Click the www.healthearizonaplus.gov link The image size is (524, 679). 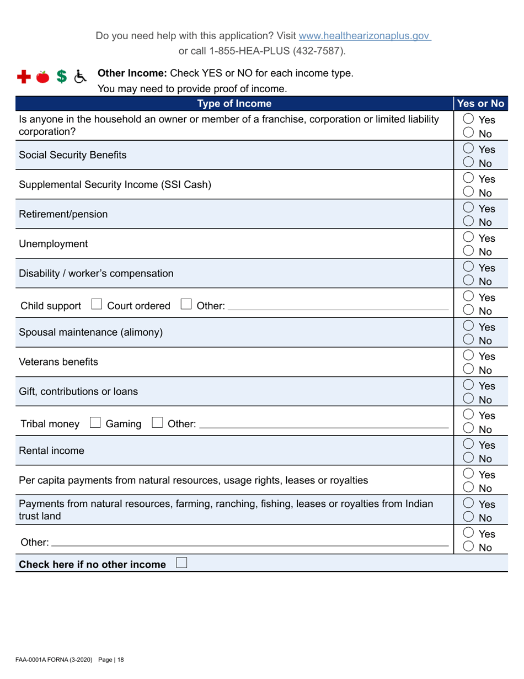(x=364, y=36)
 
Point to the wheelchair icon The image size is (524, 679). (x=81, y=77)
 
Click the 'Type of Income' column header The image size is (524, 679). (x=234, y=104)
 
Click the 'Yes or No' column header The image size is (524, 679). (x=480, y=104)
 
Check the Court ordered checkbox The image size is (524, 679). (x=96, y=305)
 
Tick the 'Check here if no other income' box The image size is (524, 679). (x=181, y=564)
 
